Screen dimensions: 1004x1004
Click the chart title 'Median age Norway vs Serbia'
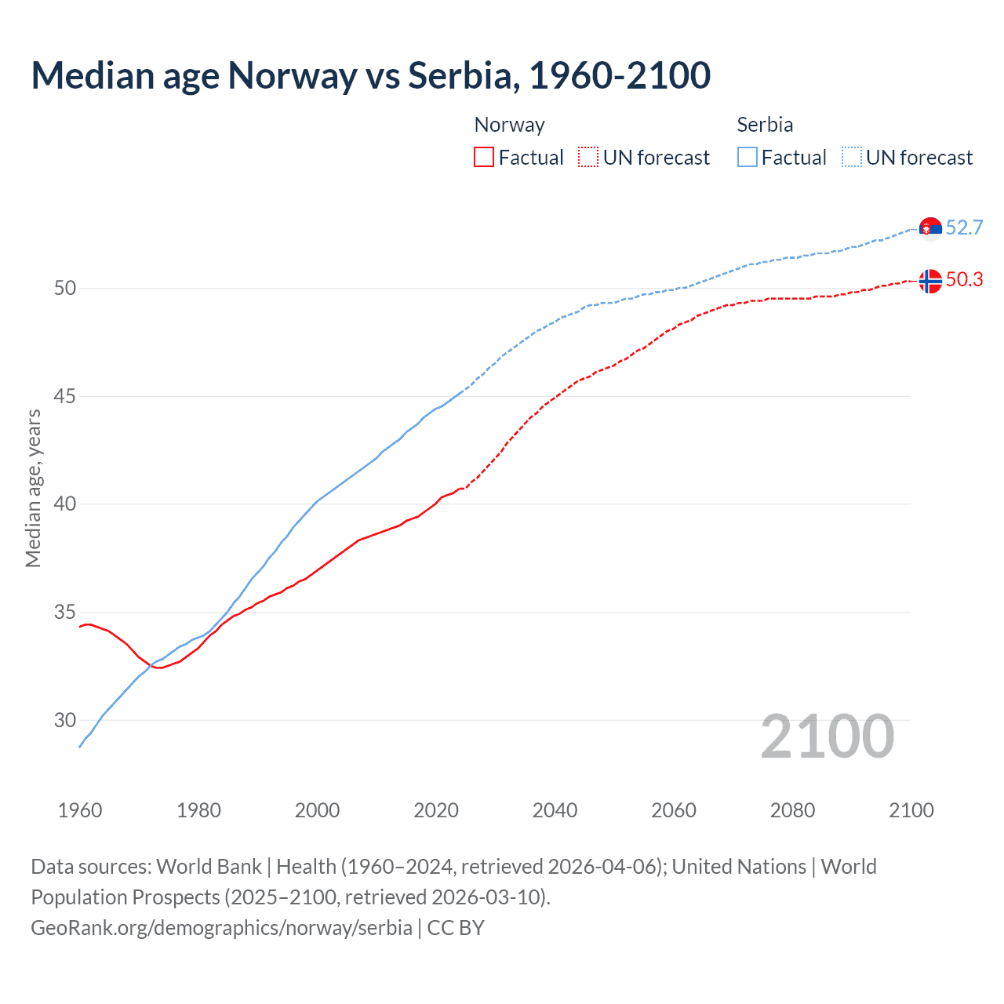[x=370, y=75]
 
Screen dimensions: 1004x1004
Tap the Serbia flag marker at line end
[x=930, y=228]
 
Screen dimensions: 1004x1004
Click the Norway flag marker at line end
[x=930, y=281]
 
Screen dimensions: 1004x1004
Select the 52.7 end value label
[x=964, y=227]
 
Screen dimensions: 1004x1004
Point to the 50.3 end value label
[x=964, y=280]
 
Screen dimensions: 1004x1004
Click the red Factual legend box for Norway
[x=484, y=158]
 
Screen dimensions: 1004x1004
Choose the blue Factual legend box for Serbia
[x=748, y=158]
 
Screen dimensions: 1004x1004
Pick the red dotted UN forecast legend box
[x=588, y=158]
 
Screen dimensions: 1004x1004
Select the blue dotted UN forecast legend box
[x=852, y=158]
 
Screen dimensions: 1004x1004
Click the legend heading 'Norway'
[x=509, y=125]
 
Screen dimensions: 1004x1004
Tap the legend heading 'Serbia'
[x=765, y=125]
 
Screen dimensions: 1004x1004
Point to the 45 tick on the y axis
[x=65, y=396]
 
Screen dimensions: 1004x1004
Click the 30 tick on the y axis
[x=65, y=720]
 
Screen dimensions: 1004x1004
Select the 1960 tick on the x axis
[x=80, y=810]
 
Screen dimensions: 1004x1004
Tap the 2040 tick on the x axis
[x=555, y=810]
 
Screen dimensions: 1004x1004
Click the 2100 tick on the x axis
[x=911, y=810]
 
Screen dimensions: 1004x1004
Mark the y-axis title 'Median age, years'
[x=33, y=488]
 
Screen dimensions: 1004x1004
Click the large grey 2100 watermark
[x=827, y=736]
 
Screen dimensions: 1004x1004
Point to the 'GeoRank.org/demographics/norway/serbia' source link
[x=221, y=928]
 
